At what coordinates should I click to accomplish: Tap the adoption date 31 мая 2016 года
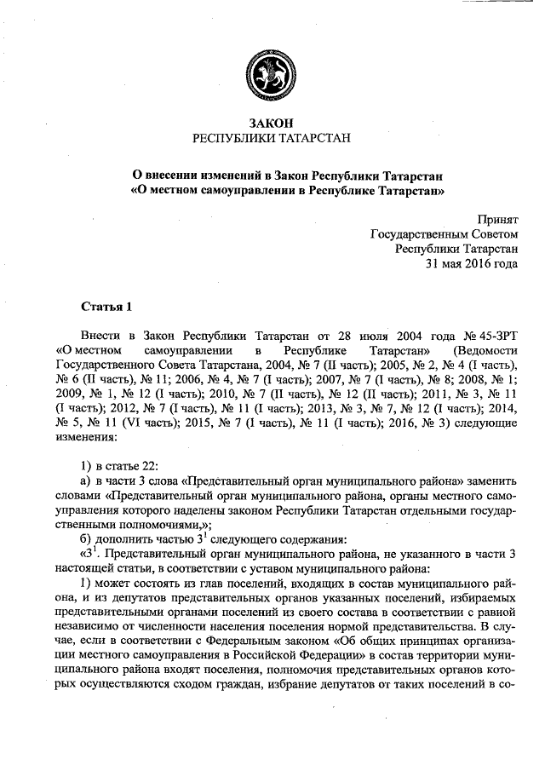point(472,264)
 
